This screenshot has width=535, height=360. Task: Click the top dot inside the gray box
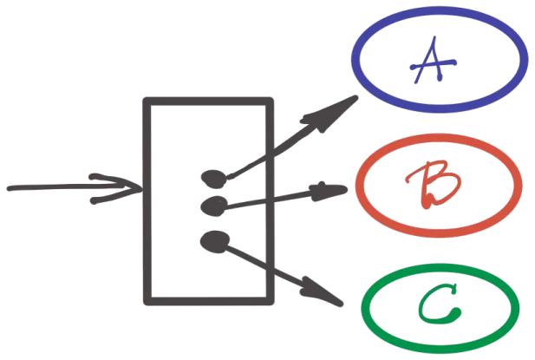pyautogui.click(x=212, y=179)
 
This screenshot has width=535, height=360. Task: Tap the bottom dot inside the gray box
pyautogui.click(x=212, y=239)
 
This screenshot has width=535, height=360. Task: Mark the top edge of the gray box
pyautogui.click(x=208, y=103)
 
